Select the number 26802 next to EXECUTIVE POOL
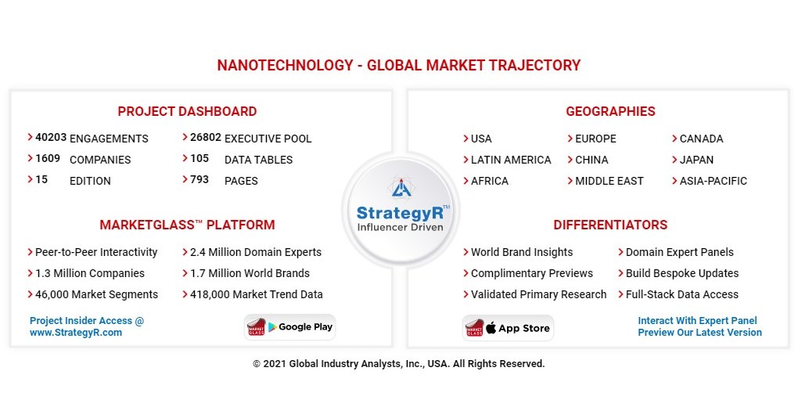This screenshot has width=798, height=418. (205, 137)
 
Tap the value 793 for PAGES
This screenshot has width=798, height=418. (199, 179)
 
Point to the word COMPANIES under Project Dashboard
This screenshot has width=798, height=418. (100, 160)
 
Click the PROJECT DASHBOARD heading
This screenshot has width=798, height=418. (187, 111)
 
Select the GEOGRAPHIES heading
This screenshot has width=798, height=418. (610, 111)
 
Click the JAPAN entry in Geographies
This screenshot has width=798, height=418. (696, 160)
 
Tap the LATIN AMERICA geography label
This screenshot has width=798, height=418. (510, 160)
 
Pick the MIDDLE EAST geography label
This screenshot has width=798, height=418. (609, 181)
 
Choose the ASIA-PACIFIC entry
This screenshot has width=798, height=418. (713, 181)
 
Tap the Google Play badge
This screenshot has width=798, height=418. (290, 327)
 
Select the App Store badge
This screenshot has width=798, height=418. (508, 328)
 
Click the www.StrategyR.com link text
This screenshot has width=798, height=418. (76, 333)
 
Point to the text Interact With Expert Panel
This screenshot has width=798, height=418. (697, 321)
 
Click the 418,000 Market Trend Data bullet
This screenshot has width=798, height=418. (256, 295)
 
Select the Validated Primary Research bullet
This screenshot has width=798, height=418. (538, 295)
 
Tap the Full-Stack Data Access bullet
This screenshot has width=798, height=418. (681, 295)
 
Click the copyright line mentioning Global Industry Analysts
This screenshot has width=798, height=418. (398, 364)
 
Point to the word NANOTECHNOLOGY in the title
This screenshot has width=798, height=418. (285, 66)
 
